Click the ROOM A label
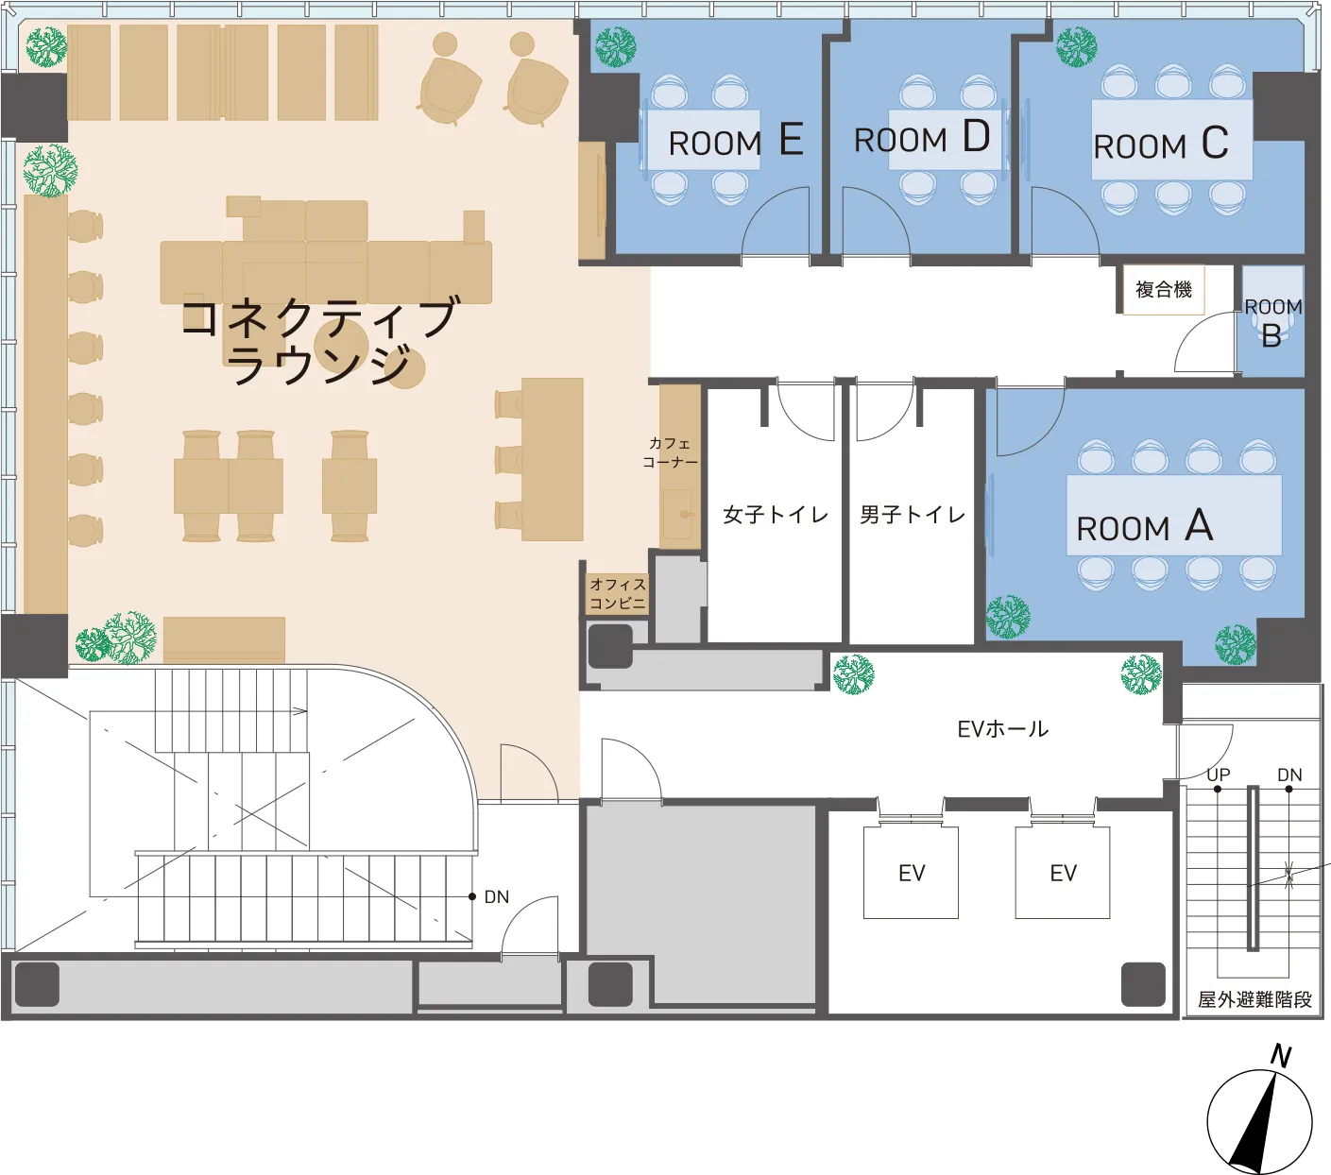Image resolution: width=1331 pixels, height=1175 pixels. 1144,526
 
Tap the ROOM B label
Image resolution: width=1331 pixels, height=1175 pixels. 1272,323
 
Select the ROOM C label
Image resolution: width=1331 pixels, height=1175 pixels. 1161,144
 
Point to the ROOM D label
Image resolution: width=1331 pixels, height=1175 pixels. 922,138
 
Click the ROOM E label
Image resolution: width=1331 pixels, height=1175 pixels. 736,141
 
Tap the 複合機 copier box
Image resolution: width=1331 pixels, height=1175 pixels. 1163,290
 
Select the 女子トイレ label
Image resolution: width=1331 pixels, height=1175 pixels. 776,514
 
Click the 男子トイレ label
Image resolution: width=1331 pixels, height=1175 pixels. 913,514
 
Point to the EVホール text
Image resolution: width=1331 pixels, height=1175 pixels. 1002,729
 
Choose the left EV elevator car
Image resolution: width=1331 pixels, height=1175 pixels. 911,872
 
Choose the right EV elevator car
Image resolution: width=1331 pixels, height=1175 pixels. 1063,872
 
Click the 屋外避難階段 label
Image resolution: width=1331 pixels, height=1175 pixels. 1254,999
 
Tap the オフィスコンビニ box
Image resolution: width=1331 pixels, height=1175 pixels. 618,594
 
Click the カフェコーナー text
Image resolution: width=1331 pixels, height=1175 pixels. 670,452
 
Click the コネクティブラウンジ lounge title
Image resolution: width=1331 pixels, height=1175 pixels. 320,340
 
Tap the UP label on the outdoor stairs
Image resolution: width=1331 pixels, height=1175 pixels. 1218,775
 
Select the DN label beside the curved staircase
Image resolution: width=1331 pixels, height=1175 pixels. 497,897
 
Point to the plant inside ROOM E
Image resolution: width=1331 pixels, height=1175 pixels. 616,46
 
